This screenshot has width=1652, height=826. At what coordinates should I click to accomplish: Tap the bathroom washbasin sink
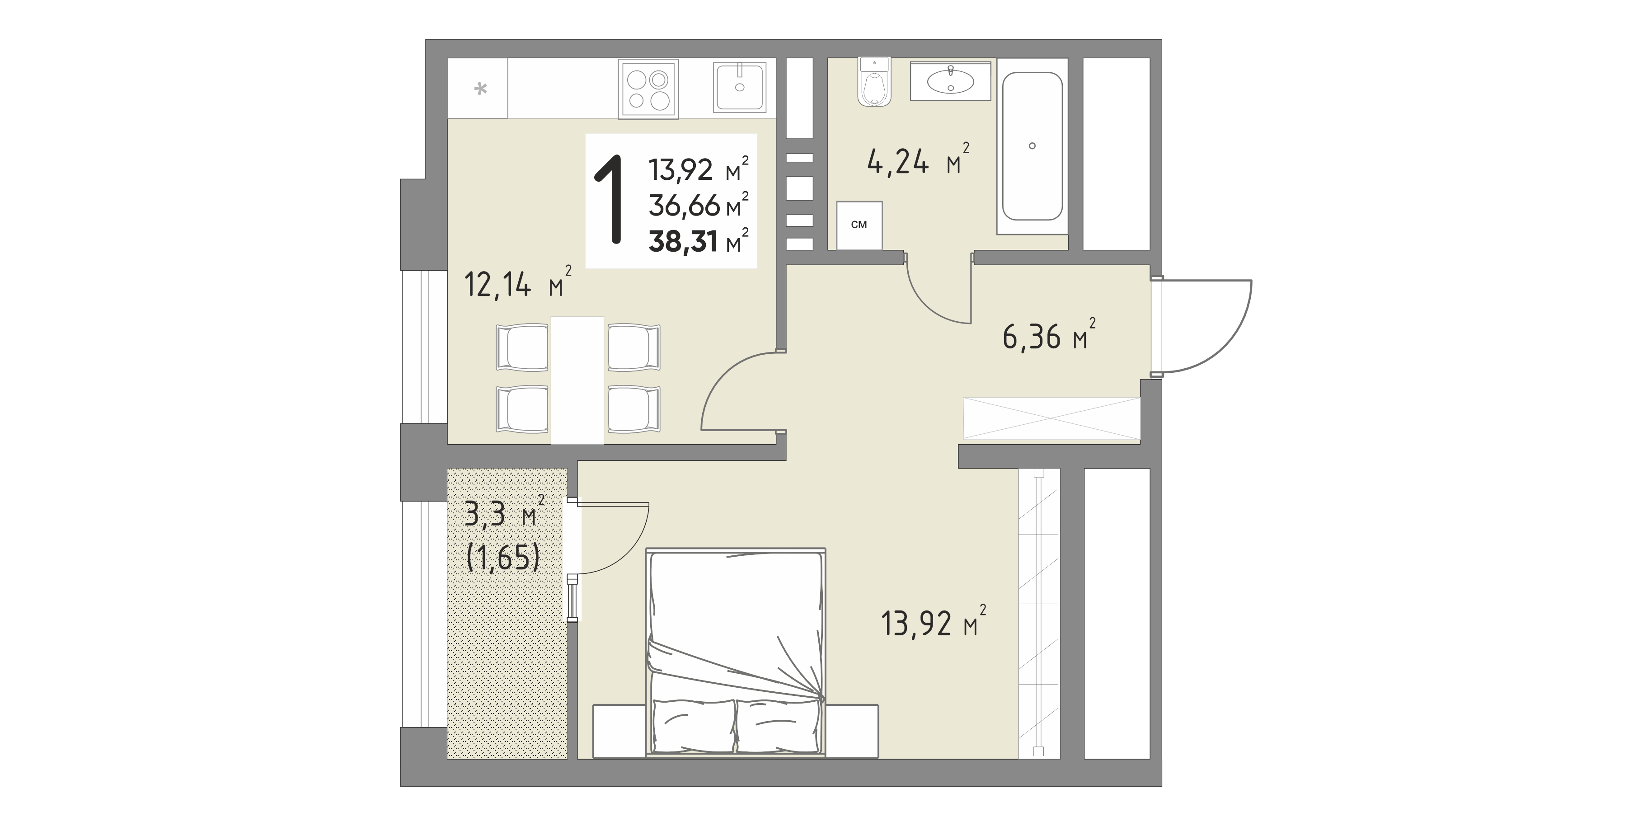pos(950,81)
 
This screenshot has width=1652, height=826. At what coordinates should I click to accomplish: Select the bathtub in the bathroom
pos(1032,145)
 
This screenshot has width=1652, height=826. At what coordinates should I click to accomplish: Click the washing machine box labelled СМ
pos(859,225)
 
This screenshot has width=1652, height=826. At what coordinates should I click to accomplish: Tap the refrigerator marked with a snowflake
pos(477,89)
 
